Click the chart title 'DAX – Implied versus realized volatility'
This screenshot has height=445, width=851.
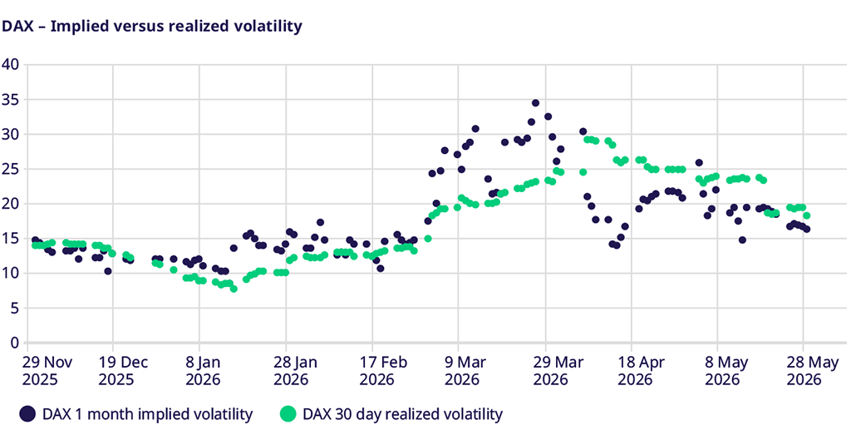(152, 26)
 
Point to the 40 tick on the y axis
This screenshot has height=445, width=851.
(10, 65)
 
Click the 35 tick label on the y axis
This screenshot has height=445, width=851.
(10, 100)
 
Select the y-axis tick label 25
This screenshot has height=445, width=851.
(10, 169)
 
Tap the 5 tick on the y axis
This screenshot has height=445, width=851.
(15, 308)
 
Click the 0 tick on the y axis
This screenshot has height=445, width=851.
(15, 343)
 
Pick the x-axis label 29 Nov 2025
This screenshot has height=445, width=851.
(47, 371)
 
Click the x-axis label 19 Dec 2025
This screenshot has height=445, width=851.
(123, 371)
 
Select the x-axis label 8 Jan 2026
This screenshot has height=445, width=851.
(203, 371)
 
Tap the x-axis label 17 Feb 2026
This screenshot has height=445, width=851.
(382, 371)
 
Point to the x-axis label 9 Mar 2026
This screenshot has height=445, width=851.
(465, 371)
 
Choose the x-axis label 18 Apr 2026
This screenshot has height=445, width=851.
(641, 371)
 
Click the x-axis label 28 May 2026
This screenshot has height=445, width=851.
(813, 371)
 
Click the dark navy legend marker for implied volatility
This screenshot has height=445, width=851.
(27, 414)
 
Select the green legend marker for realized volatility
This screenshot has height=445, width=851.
(288, 414)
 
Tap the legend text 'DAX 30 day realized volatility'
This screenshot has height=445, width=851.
(403, 414)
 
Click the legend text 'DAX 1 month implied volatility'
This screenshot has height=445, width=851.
(148, 414)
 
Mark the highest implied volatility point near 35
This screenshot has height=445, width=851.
(535, 102)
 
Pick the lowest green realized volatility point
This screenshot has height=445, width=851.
(234, 289)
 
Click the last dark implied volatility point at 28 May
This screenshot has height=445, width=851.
(806, 230)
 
